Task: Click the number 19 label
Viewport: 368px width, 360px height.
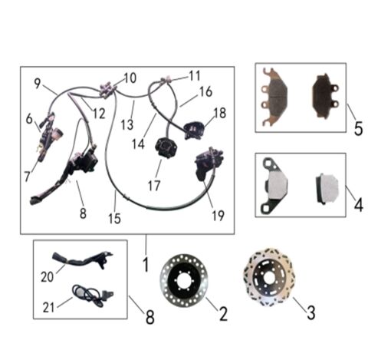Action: click(219, 216)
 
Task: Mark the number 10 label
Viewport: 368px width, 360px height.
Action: click(129, 78)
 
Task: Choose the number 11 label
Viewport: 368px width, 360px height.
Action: click(194, 76)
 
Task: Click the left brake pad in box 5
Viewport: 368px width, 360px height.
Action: click(278, 97)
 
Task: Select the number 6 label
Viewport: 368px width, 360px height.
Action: click(30, 119)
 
